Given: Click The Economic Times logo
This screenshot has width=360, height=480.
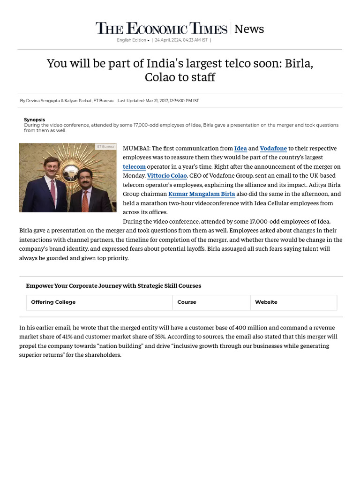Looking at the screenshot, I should pyautogui.click(x=161, y=29).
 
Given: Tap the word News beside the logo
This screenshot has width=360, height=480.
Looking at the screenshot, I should pyautogui.click(x=249, y=29).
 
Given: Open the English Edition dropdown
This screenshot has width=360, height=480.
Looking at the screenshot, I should pyautogui.click(x=133, y=40).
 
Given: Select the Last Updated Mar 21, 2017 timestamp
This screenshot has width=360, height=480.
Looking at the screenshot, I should pyautogui.click(x=158, y=101).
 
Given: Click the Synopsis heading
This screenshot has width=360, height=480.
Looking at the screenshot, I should pyautogui.click(x=34, y=120).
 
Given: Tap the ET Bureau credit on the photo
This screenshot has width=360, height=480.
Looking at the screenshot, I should pyautogui.click(x=105, y=147).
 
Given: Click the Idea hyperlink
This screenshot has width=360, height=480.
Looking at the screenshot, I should pyautogui.click(x=240, y=149).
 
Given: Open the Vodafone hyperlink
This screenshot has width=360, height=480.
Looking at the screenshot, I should pyautogui.click(x=273, y=149).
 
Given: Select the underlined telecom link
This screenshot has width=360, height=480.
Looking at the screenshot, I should pyautogui.click(x=134, y=167).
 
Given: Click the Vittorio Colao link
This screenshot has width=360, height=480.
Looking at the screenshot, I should pyautogui.click(x=167, y=176).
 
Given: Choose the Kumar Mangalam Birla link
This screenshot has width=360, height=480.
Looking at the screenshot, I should pyautogui.click(x=202, y=194).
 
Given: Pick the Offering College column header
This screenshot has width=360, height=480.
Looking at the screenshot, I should pyautogui.click(x=53, y=302).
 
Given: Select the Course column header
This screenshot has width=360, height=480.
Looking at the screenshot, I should pyautogui.click(x=187, y=302).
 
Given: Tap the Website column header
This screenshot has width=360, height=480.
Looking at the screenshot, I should pyautogui.click(x=266, y=302).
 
